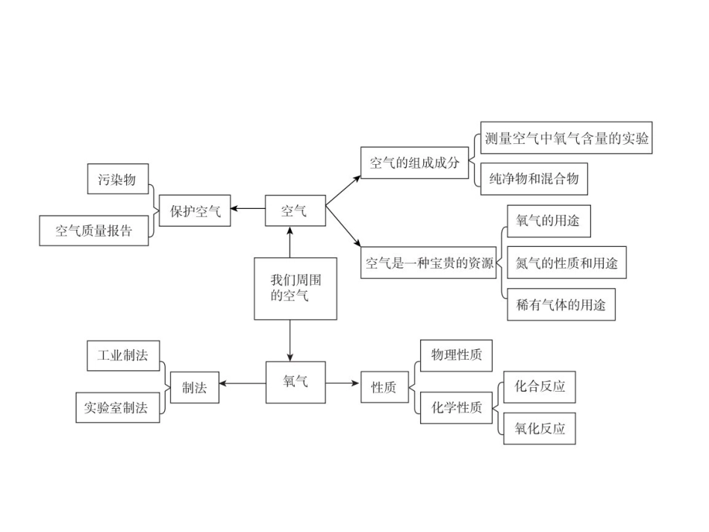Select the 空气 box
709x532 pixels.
pyautogui.click(x=296, y=210)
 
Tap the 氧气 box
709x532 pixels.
pyautogui.click(x=296, y=382)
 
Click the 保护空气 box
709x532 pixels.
pyautogui.click(x=195, y=210)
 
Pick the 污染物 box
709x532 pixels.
pyautogui.click(x=117, y=179)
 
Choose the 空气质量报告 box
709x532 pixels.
pyautogui.click(x=94, y=230)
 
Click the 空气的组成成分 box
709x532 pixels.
pyautogui.click(x=414, y=163)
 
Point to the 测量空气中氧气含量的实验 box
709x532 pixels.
pyautogui.click(x=566, y=138)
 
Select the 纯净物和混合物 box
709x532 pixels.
pyautogui.click(x=534, y=179)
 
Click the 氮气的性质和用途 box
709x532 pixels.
pyautogui.click(x=566, y=263)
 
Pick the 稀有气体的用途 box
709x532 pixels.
pyautogui.click(x=561, y=304)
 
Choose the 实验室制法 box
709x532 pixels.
pyautogui.click(x=117, y=407)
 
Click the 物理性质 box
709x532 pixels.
pyautogui.click(x=456, y=354)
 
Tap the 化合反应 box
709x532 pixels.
pyautogui.click(x=540, y=387)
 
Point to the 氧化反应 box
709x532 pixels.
pyautogui.click(x=540, y=428)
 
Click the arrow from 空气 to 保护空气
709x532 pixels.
pyautogui.click(x=249, y=210)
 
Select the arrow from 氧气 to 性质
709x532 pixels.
pyautogui.click(x=343, y=383)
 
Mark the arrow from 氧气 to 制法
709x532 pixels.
pyautogui.click(x=243, y=384)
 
